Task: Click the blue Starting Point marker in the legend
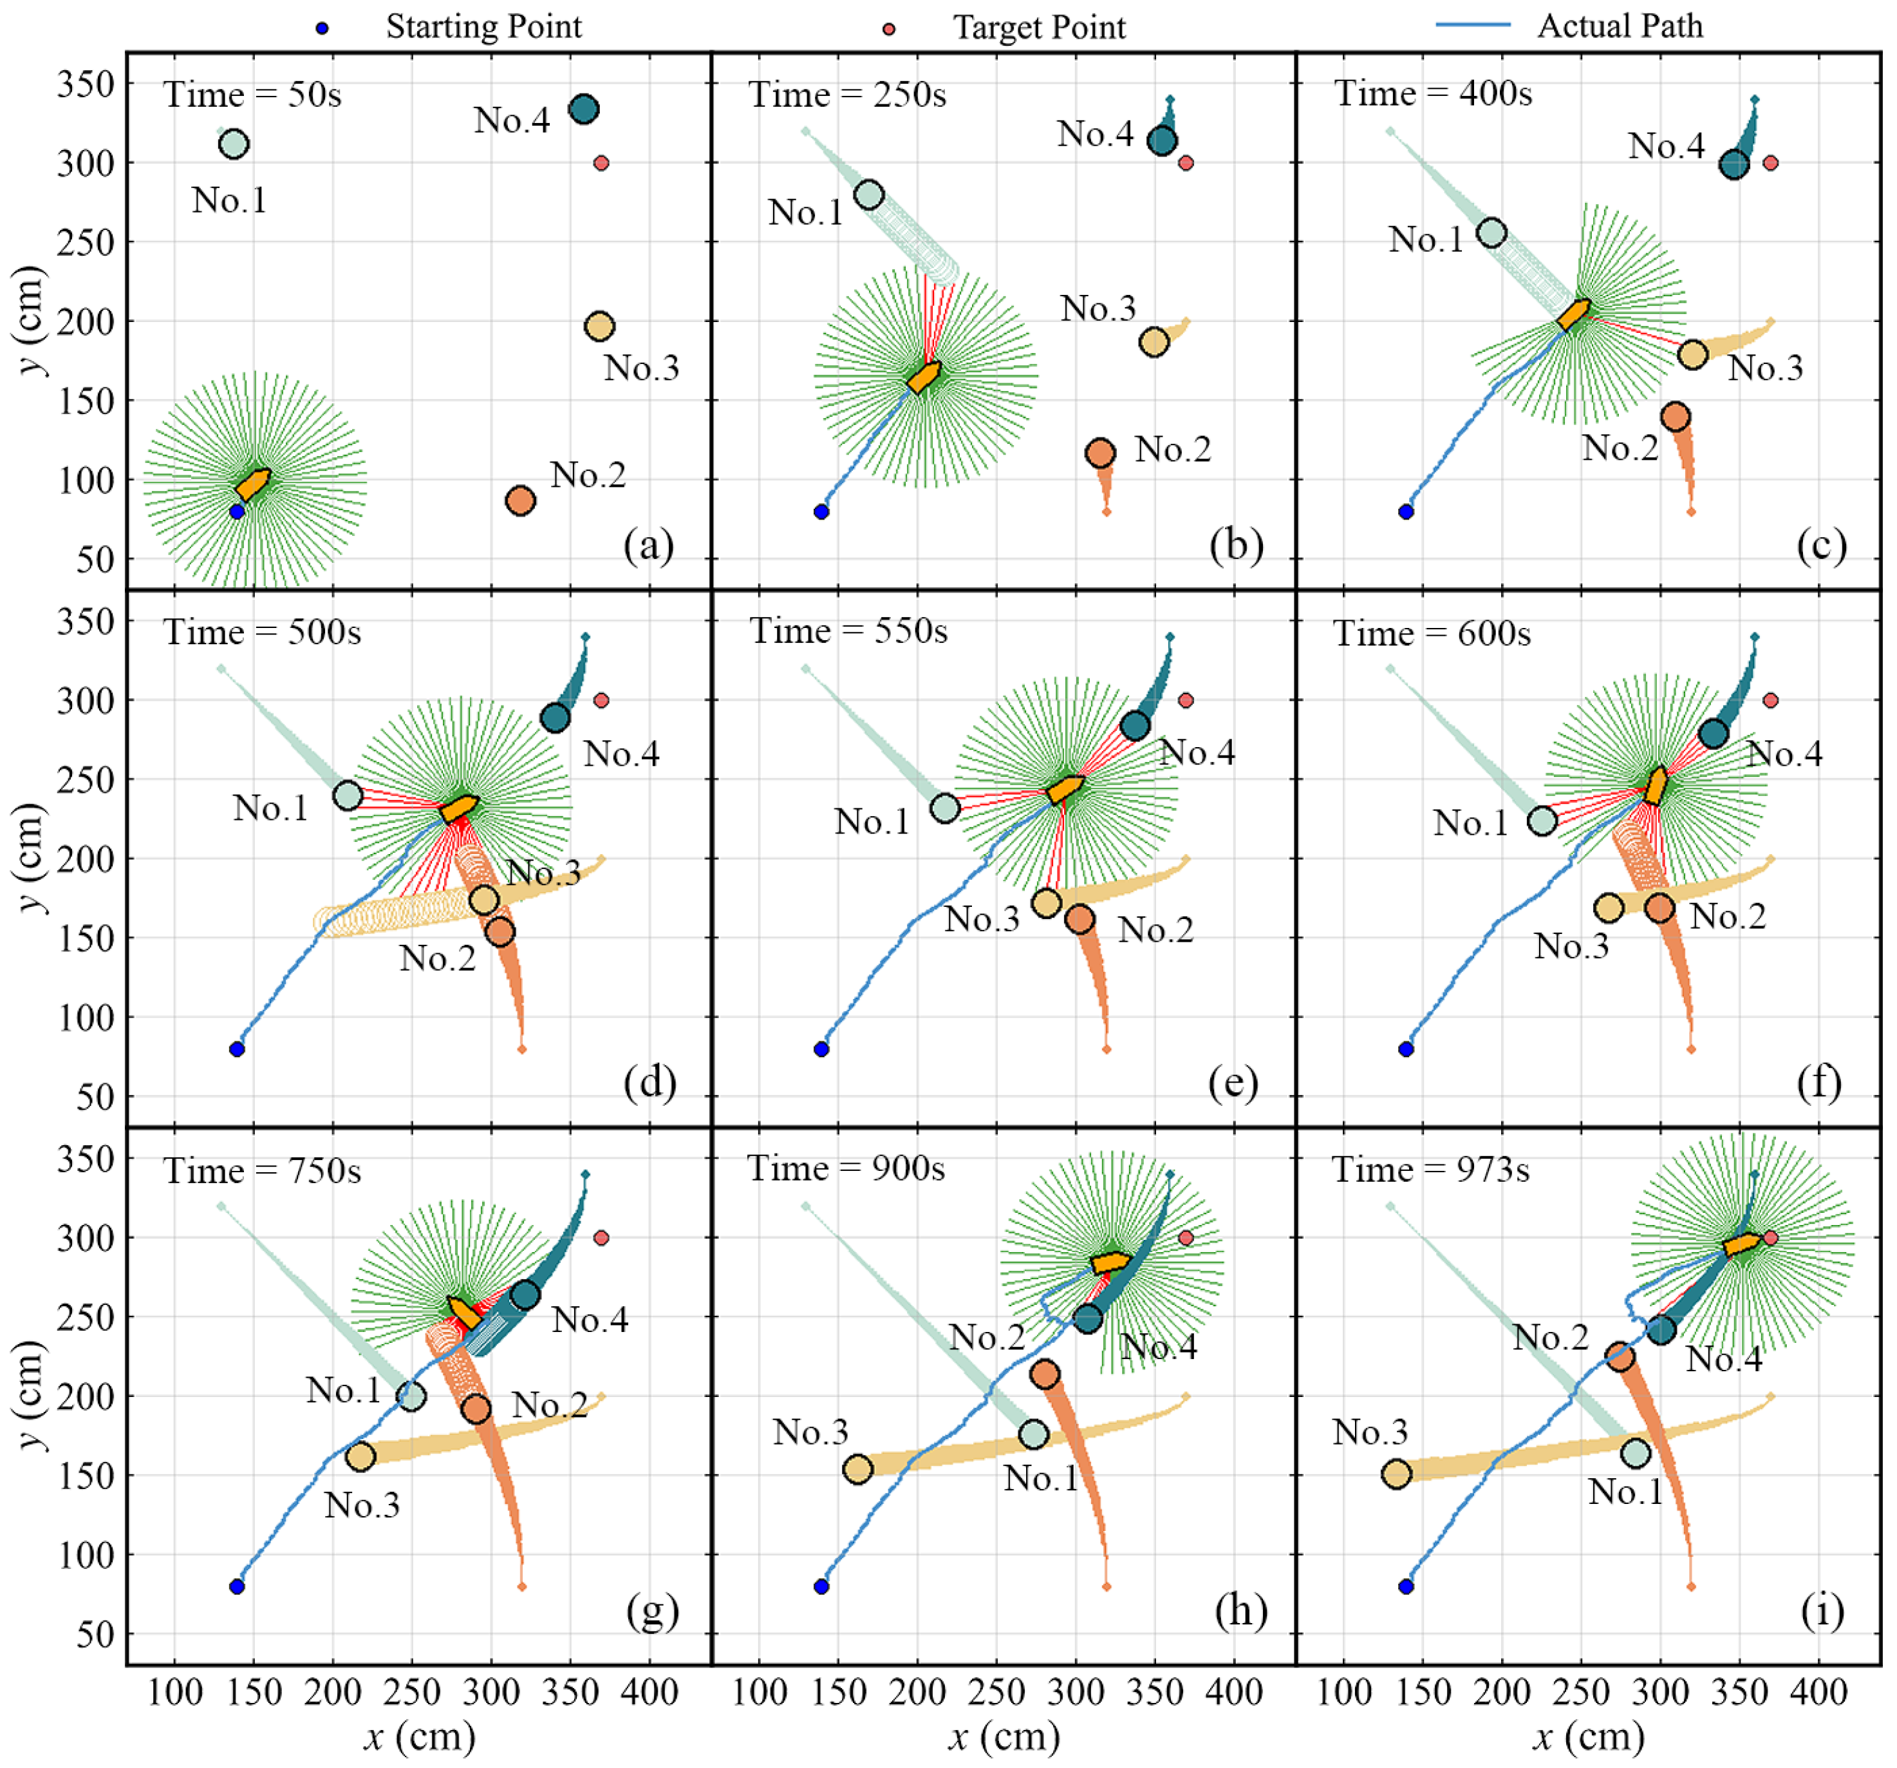click(322, 28)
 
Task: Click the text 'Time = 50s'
click(252, 95)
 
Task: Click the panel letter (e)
click(1233, 1083)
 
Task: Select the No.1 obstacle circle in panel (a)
click(234, 144)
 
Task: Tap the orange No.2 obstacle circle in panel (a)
click(520, 500)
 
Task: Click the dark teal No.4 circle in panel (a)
click(584, 109)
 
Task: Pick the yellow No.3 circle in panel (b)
click(1155, 342)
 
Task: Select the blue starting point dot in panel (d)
click(237, 1049)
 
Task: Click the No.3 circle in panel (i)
click(1397, 1474)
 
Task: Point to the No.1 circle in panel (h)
click(1033, 1434)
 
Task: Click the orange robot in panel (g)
click(465, 1313)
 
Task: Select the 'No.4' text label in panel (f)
click(1784, 754)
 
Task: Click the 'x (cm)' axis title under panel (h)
click(1004, 1738)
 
